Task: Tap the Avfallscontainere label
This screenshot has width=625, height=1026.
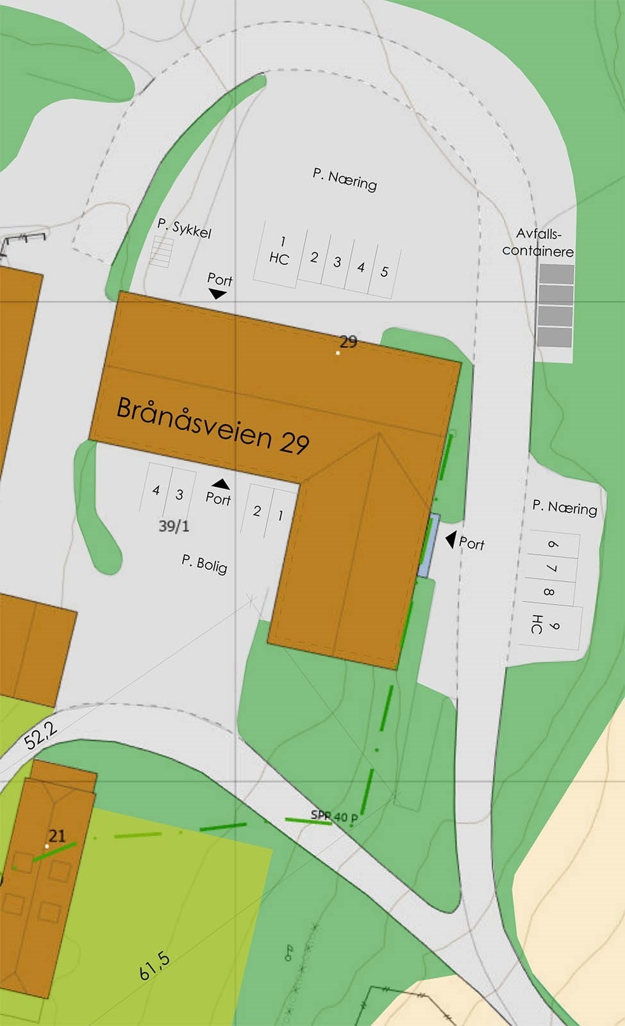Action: click(538, 242)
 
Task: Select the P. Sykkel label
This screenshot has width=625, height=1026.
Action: click(184, 228)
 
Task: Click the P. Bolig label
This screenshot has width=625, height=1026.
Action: click(204, 564)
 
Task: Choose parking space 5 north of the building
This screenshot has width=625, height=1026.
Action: click(384, 272)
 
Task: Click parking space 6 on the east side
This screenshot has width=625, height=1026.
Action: click(553, 545)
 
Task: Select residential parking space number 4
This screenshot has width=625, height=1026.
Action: click(156, 491)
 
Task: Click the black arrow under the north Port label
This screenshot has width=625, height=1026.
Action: click(218, 294)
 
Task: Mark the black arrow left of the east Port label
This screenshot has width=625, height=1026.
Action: click(451, 539)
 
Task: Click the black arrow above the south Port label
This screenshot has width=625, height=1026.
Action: click(221, 484)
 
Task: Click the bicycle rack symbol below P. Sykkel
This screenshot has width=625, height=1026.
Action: click(162, 251)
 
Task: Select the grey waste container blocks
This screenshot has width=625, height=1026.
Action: click(555, 305)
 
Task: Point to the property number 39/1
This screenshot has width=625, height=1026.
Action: click(174, 526)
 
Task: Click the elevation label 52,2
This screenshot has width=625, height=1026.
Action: click(41, 735)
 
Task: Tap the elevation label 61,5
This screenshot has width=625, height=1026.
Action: click(154, 966)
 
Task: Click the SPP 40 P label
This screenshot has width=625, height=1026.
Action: click(334, 816)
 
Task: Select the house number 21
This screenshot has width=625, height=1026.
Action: click(57, 836)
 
